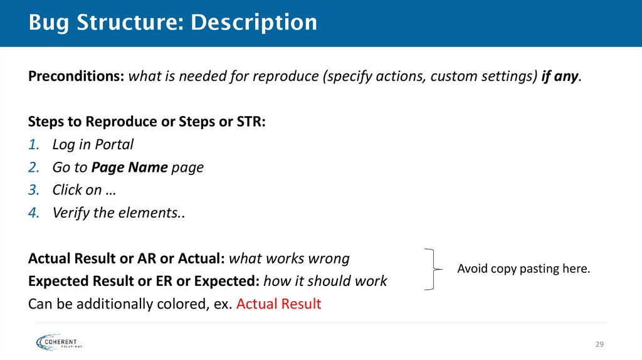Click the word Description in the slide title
(254, 23)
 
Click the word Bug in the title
(49, 23)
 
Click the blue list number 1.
(33, 145)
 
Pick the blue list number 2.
(34, 167)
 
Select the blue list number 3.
(34, 190)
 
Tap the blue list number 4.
(34, 213)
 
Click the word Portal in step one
(114, 145)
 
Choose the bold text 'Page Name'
(129, 167)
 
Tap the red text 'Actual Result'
(279, 305)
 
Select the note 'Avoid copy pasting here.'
(524, 270)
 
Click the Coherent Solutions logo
(60, 342)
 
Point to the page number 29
(599, 344)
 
